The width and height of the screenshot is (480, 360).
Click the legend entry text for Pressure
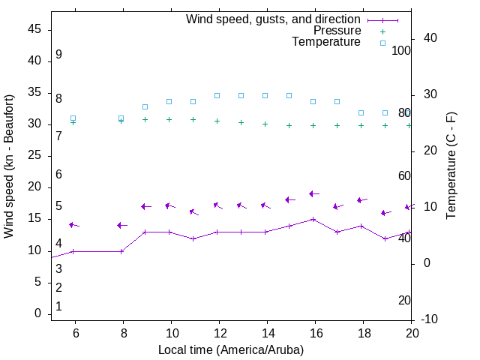[x=337, y=31]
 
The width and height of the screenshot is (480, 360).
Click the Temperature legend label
[x=326, y=42]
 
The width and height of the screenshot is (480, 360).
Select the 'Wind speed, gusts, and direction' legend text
[x=273, y=19]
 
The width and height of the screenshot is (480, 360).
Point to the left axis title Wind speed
[x=9, y=166]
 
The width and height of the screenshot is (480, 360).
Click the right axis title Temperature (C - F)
[x=451, y=166]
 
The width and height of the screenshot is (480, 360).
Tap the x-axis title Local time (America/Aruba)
[x=231, y=349]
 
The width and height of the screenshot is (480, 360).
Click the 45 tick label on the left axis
[x=34, y=29]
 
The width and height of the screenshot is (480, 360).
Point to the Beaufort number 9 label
[x=58, y=55]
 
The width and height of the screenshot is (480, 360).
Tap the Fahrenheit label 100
[x=401, y=50]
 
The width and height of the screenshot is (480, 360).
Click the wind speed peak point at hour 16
[x=313, y=219]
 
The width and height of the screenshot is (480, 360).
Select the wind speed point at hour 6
[x=73, y=251]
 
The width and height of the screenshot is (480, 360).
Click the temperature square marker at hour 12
[x=217, y=95]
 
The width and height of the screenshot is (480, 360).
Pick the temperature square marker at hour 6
[x=73, y=118]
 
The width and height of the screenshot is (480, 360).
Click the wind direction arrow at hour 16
[x=314, y=193]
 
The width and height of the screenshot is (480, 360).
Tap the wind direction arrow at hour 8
[x=122, y=225]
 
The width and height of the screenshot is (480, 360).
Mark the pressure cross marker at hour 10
[x=169, y=119]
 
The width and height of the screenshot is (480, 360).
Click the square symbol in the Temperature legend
[x=382, y=43]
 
